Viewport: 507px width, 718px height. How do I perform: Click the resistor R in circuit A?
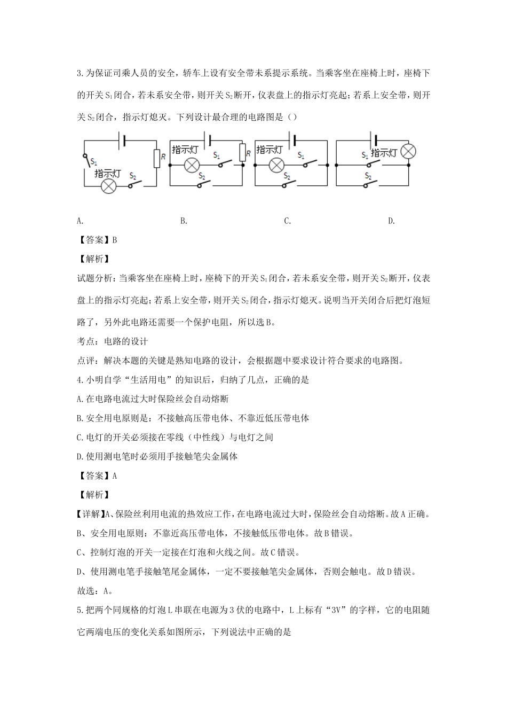(x=156, y=159)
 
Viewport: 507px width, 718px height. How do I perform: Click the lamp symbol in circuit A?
(x=109, y=186)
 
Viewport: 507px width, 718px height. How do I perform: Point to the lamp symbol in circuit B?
(x=191, y=166)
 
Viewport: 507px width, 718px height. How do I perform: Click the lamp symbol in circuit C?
(x=276, y=166)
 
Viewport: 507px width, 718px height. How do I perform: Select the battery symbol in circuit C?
(x=292, y=141)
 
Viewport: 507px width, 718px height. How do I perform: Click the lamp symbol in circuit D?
(x=408, y=151)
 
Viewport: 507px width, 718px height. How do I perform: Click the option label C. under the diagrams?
(x=287, y=221)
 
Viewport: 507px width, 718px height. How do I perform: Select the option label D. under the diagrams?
(x=391, y=221)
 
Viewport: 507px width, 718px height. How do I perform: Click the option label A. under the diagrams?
(x=80, y=221)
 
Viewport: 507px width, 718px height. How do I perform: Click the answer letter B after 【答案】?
(x=115, y=240)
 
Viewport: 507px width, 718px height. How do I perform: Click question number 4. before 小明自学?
(x=80, y=380)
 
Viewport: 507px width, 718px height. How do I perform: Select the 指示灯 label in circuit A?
(x=108, y=174)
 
